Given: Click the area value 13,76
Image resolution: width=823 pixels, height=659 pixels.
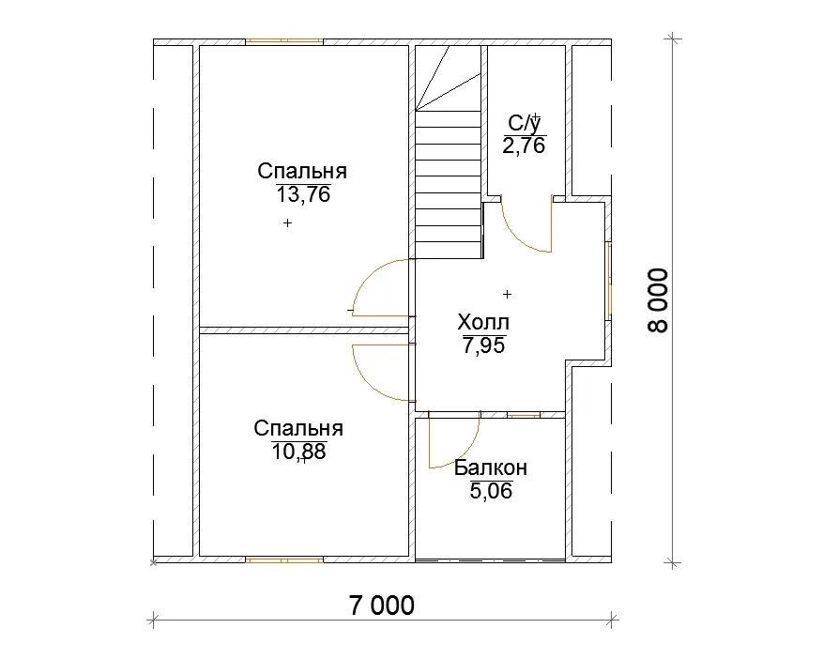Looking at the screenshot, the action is (x=303, y=195).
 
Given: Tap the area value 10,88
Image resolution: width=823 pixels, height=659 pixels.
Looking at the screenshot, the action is (x=299, y=452).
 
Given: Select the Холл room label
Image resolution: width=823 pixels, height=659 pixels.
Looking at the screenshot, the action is (x=483, y=322).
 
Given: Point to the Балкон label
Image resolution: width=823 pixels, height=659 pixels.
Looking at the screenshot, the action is (x=491, y=467).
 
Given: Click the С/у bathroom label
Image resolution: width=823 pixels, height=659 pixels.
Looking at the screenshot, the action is (x=525, y=124).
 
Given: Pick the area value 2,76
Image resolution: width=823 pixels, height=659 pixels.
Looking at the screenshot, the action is (x=525, y=146).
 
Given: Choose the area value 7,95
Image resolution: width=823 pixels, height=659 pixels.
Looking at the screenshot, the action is (x=483, y=346).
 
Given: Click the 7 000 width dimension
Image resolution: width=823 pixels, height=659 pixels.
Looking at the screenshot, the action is (x=382, y=605).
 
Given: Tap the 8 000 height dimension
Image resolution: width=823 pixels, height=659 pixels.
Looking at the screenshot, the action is (x=658, y=301).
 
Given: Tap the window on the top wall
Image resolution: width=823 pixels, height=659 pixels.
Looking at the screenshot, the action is (x=284, y=41).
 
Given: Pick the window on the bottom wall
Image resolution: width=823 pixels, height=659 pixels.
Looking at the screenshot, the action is (x=284, y=560).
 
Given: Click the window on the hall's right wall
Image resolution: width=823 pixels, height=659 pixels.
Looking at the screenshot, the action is (x=609, y=281).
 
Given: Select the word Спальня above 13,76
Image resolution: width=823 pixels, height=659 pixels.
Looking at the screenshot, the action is (x=302, y=172).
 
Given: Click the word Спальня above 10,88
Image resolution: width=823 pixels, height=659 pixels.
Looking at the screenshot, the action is (x=298, y=428).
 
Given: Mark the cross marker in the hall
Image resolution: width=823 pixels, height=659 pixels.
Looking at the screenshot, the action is (x=507, y=295).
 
